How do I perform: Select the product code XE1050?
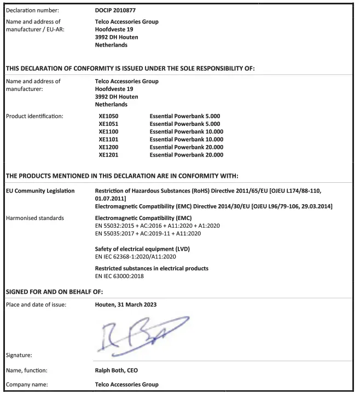[108, 117]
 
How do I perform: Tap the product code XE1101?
[108, 140]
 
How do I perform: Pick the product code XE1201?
[108, 155]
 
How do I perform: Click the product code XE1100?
[108, 132]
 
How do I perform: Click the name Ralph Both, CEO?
[117, 371]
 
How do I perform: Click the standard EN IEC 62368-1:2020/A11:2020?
[135, 257]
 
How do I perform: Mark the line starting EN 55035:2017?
[148, 234]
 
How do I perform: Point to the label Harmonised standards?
[34, 218]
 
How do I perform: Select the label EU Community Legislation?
[40, 191]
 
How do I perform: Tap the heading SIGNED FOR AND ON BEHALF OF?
[54, 291]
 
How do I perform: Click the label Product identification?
[34, 117]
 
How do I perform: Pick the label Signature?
[19, 355]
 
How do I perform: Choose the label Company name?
[27, 385]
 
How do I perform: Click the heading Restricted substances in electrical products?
[152, 269]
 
